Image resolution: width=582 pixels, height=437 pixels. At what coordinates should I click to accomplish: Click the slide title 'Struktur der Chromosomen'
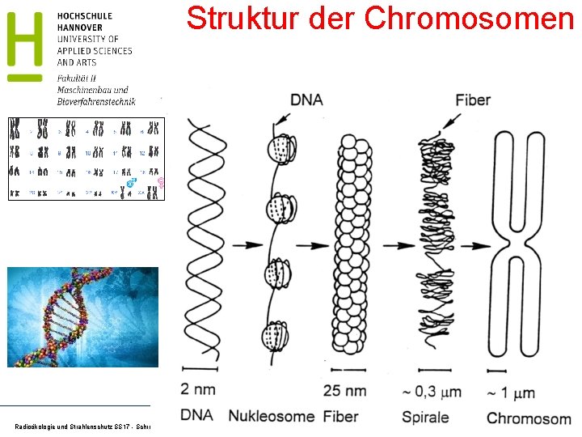pyautogui.click(x=380, y=18)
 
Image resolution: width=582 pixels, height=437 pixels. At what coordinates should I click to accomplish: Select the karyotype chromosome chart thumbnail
pyautogui.click(x=86, y=158)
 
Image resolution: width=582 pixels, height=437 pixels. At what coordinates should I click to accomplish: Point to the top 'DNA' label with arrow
pyautogui.click(x=306, y=100)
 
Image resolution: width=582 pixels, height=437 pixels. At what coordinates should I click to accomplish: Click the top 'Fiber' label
pyautogui.click(x=473, y=100)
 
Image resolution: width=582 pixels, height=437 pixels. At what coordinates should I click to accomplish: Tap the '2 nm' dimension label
pyautogui.click(x=197, y=389)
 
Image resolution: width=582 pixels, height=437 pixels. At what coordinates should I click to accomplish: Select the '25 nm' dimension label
pyautogui.click(x=344, y=391)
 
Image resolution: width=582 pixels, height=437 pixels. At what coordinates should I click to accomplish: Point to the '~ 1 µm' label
pyautogui.click(x=511, y=392)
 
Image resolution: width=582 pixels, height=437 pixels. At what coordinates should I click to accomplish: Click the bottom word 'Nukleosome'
pyautogui.click(x=272, y=417)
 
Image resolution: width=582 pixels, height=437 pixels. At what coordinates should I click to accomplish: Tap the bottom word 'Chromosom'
pyautogui.click(x=528, y=418)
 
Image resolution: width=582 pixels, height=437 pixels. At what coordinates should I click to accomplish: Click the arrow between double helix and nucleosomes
pyautogui.click(x=247, y=244)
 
